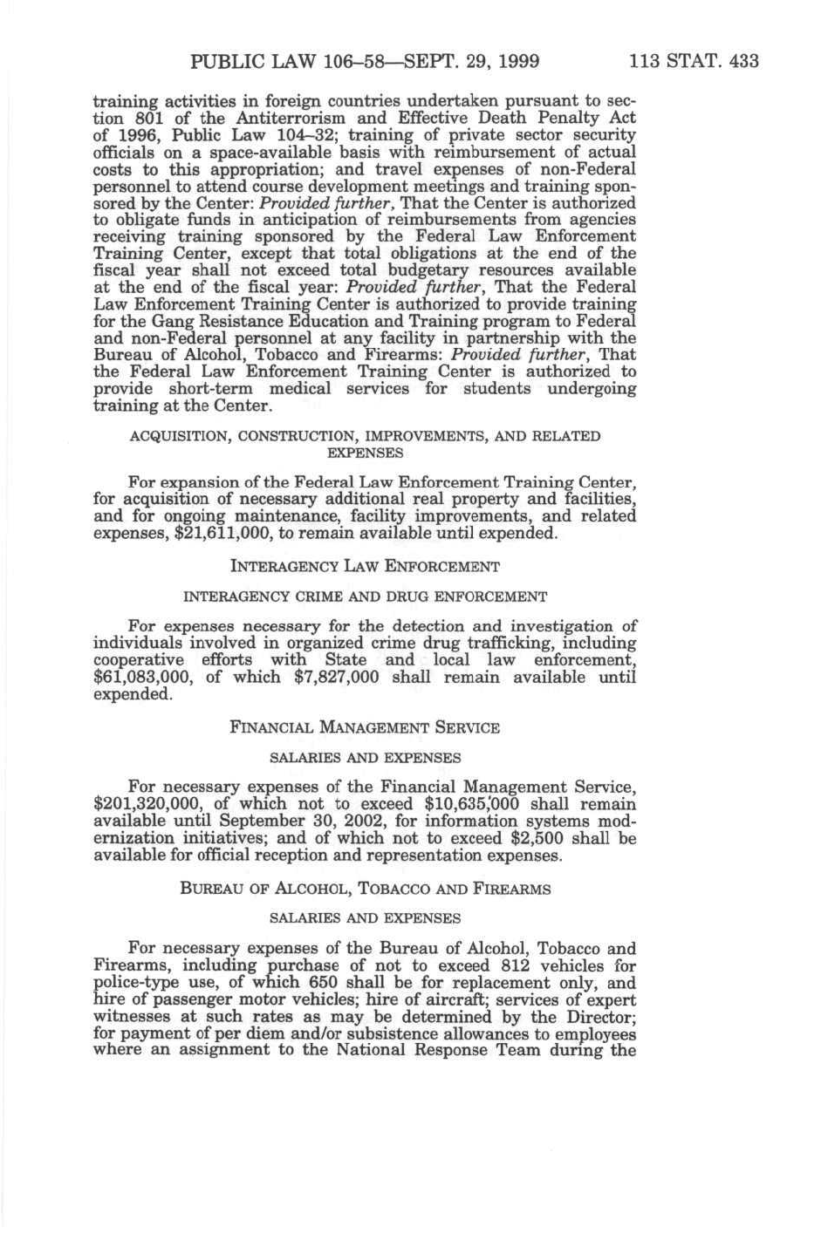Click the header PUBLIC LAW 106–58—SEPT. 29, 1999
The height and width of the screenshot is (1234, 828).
click(x=365, y=61)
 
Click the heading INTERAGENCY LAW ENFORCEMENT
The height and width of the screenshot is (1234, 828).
click(x=365, y=567)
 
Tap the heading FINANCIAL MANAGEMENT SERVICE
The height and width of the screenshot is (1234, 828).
click(x=365, y=727)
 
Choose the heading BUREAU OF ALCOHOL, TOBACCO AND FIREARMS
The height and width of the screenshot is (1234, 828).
click(x=365, y=890)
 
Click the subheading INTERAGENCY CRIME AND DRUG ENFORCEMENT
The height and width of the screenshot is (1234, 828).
click(x=365, y=597)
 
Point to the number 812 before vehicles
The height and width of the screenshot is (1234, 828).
click(x=520, y=966)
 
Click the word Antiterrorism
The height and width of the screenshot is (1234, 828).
click(x=250, y=118)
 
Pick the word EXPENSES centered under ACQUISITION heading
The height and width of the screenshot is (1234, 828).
click(x=365, y=453)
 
